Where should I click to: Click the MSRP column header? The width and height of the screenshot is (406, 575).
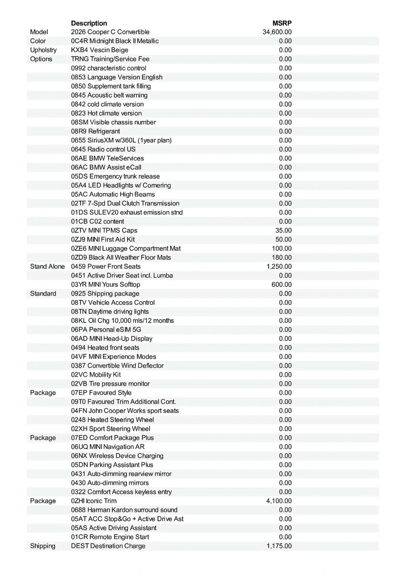[282, 23]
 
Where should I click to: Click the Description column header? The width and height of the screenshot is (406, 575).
[89, 23]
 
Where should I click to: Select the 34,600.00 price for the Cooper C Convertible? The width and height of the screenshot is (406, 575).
[277, 32]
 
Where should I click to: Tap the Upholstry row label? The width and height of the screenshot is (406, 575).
[43, 50]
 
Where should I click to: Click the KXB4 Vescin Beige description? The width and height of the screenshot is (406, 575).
[100, 50]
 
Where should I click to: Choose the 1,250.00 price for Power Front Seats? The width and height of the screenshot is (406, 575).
[279, 266]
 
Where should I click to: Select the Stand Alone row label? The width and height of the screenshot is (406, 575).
[47, 266]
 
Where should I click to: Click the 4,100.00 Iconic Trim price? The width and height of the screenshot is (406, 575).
[279, 501]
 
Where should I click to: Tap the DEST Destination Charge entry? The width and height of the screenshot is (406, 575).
[108, 546]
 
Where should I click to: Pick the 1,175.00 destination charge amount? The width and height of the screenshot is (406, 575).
[279, 546]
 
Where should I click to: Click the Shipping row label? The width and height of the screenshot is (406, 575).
[43, 546]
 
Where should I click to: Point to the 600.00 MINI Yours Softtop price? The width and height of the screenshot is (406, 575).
[282, 285]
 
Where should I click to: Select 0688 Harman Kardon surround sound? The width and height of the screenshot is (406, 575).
[124, 510]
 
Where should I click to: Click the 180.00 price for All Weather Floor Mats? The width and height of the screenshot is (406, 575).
[282, 257]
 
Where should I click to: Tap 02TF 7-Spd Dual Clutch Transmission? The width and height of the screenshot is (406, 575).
[125, 203]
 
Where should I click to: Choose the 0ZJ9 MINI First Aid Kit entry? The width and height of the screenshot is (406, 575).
[103, 239]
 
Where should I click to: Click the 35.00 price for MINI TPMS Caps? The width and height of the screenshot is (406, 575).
[283, 230]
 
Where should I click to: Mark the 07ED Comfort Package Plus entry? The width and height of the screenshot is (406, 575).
[113, 437]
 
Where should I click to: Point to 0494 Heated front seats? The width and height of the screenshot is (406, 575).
[105, 347]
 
